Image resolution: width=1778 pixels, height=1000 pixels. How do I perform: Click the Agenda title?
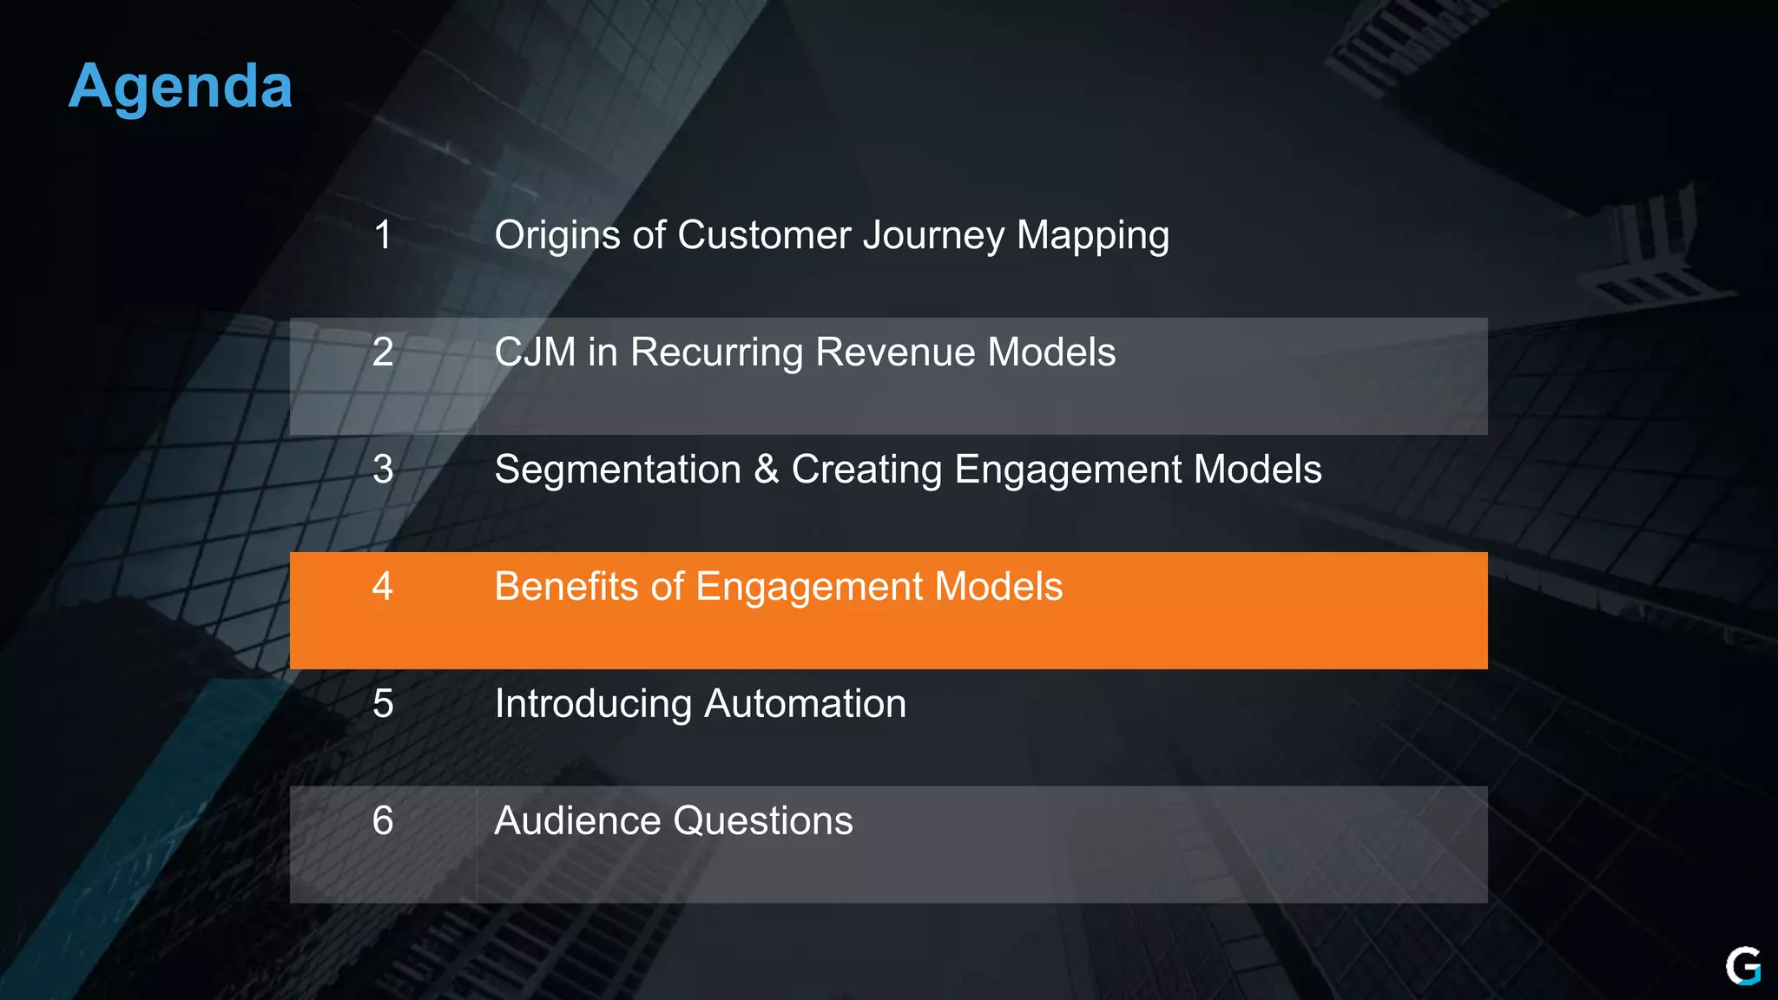[x=181, y=87]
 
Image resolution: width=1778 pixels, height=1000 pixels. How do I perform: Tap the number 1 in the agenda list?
[x=383, y=235]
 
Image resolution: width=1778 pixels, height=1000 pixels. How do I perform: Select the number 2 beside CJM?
[x=383, y=352]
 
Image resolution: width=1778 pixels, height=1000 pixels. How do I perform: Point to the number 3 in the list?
[x=383, y=470]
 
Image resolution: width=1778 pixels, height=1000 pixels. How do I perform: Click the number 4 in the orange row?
[x=383, y=587]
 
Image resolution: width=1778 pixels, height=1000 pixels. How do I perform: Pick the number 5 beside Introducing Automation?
[x=383, y=704]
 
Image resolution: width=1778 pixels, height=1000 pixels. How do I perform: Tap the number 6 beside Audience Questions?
[x=383, y=821]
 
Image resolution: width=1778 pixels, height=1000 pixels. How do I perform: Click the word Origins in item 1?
[x=556, y=236]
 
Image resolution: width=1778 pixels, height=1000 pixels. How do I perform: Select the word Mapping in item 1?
[x=1093, y=236]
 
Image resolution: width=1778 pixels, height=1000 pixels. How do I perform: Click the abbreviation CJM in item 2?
[x=535, y=352]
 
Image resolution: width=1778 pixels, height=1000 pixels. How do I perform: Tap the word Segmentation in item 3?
[x=617, y=470]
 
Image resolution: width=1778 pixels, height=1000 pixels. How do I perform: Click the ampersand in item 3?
[x=767, y=470]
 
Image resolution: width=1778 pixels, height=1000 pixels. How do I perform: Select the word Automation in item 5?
[x=805, y=704]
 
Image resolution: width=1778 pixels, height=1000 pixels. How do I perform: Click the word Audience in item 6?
[x=577, y=821]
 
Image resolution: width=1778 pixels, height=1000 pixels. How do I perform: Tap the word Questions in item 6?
[x=763, y=821]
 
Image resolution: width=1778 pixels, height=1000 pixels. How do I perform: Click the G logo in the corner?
[x=1742, y=966]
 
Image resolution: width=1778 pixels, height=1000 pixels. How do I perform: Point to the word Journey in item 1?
[x=933, y=236]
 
